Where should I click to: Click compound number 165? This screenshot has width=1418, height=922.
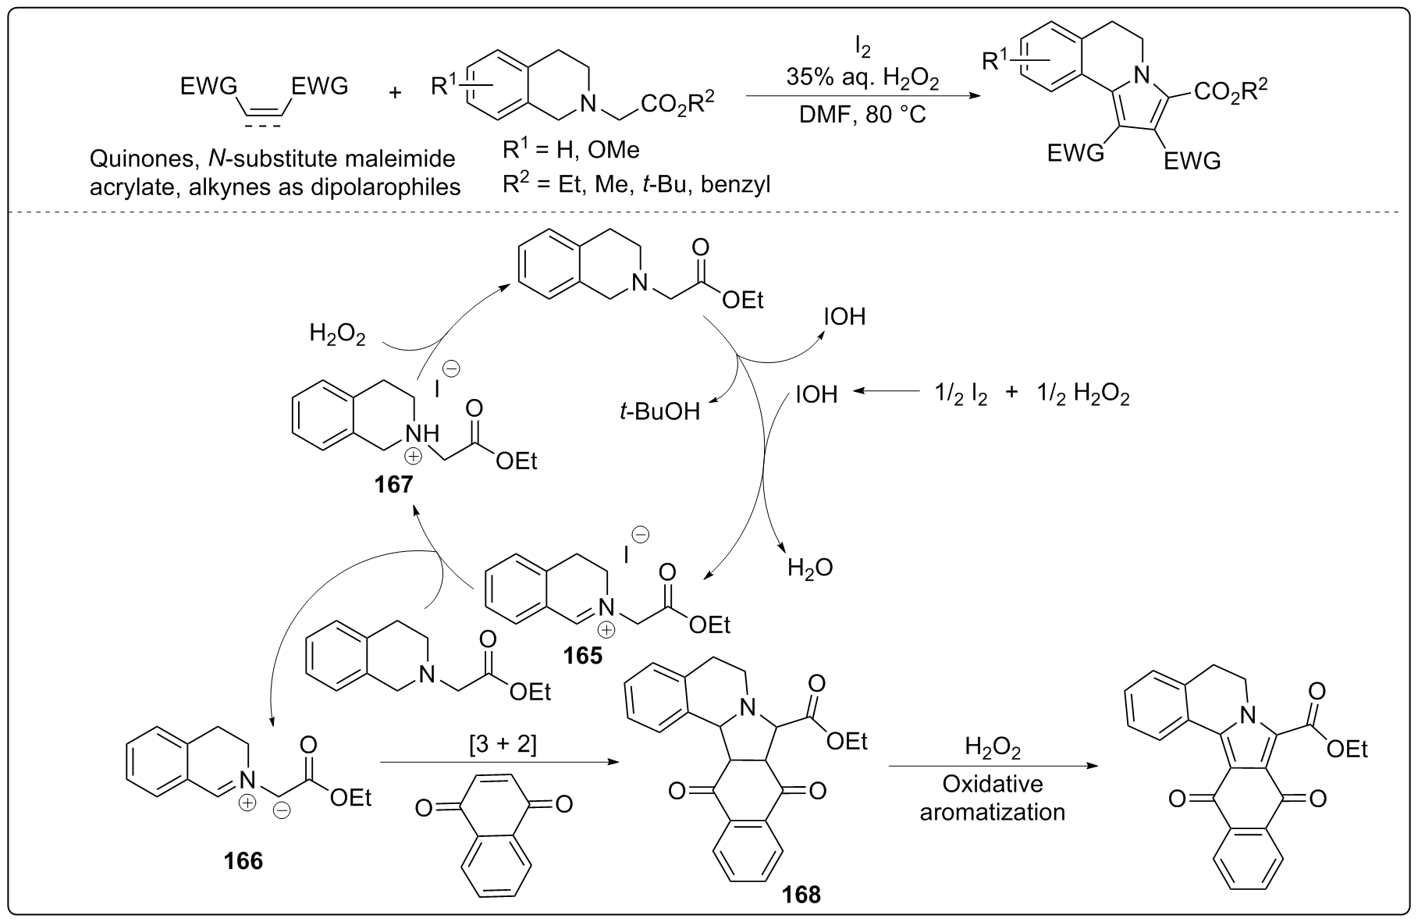point(584,655)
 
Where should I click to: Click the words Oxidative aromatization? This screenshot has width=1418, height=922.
point(992,797)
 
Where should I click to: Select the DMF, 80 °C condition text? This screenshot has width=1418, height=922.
point(862,115)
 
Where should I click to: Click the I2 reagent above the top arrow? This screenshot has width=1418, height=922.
point(862,48)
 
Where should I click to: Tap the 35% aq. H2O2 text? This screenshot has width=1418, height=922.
point(862,80)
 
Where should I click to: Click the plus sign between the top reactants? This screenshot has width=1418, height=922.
point(396,92)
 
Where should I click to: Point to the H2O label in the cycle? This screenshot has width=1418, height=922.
point(810,568)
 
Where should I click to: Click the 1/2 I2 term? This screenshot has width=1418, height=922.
point(961,394)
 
